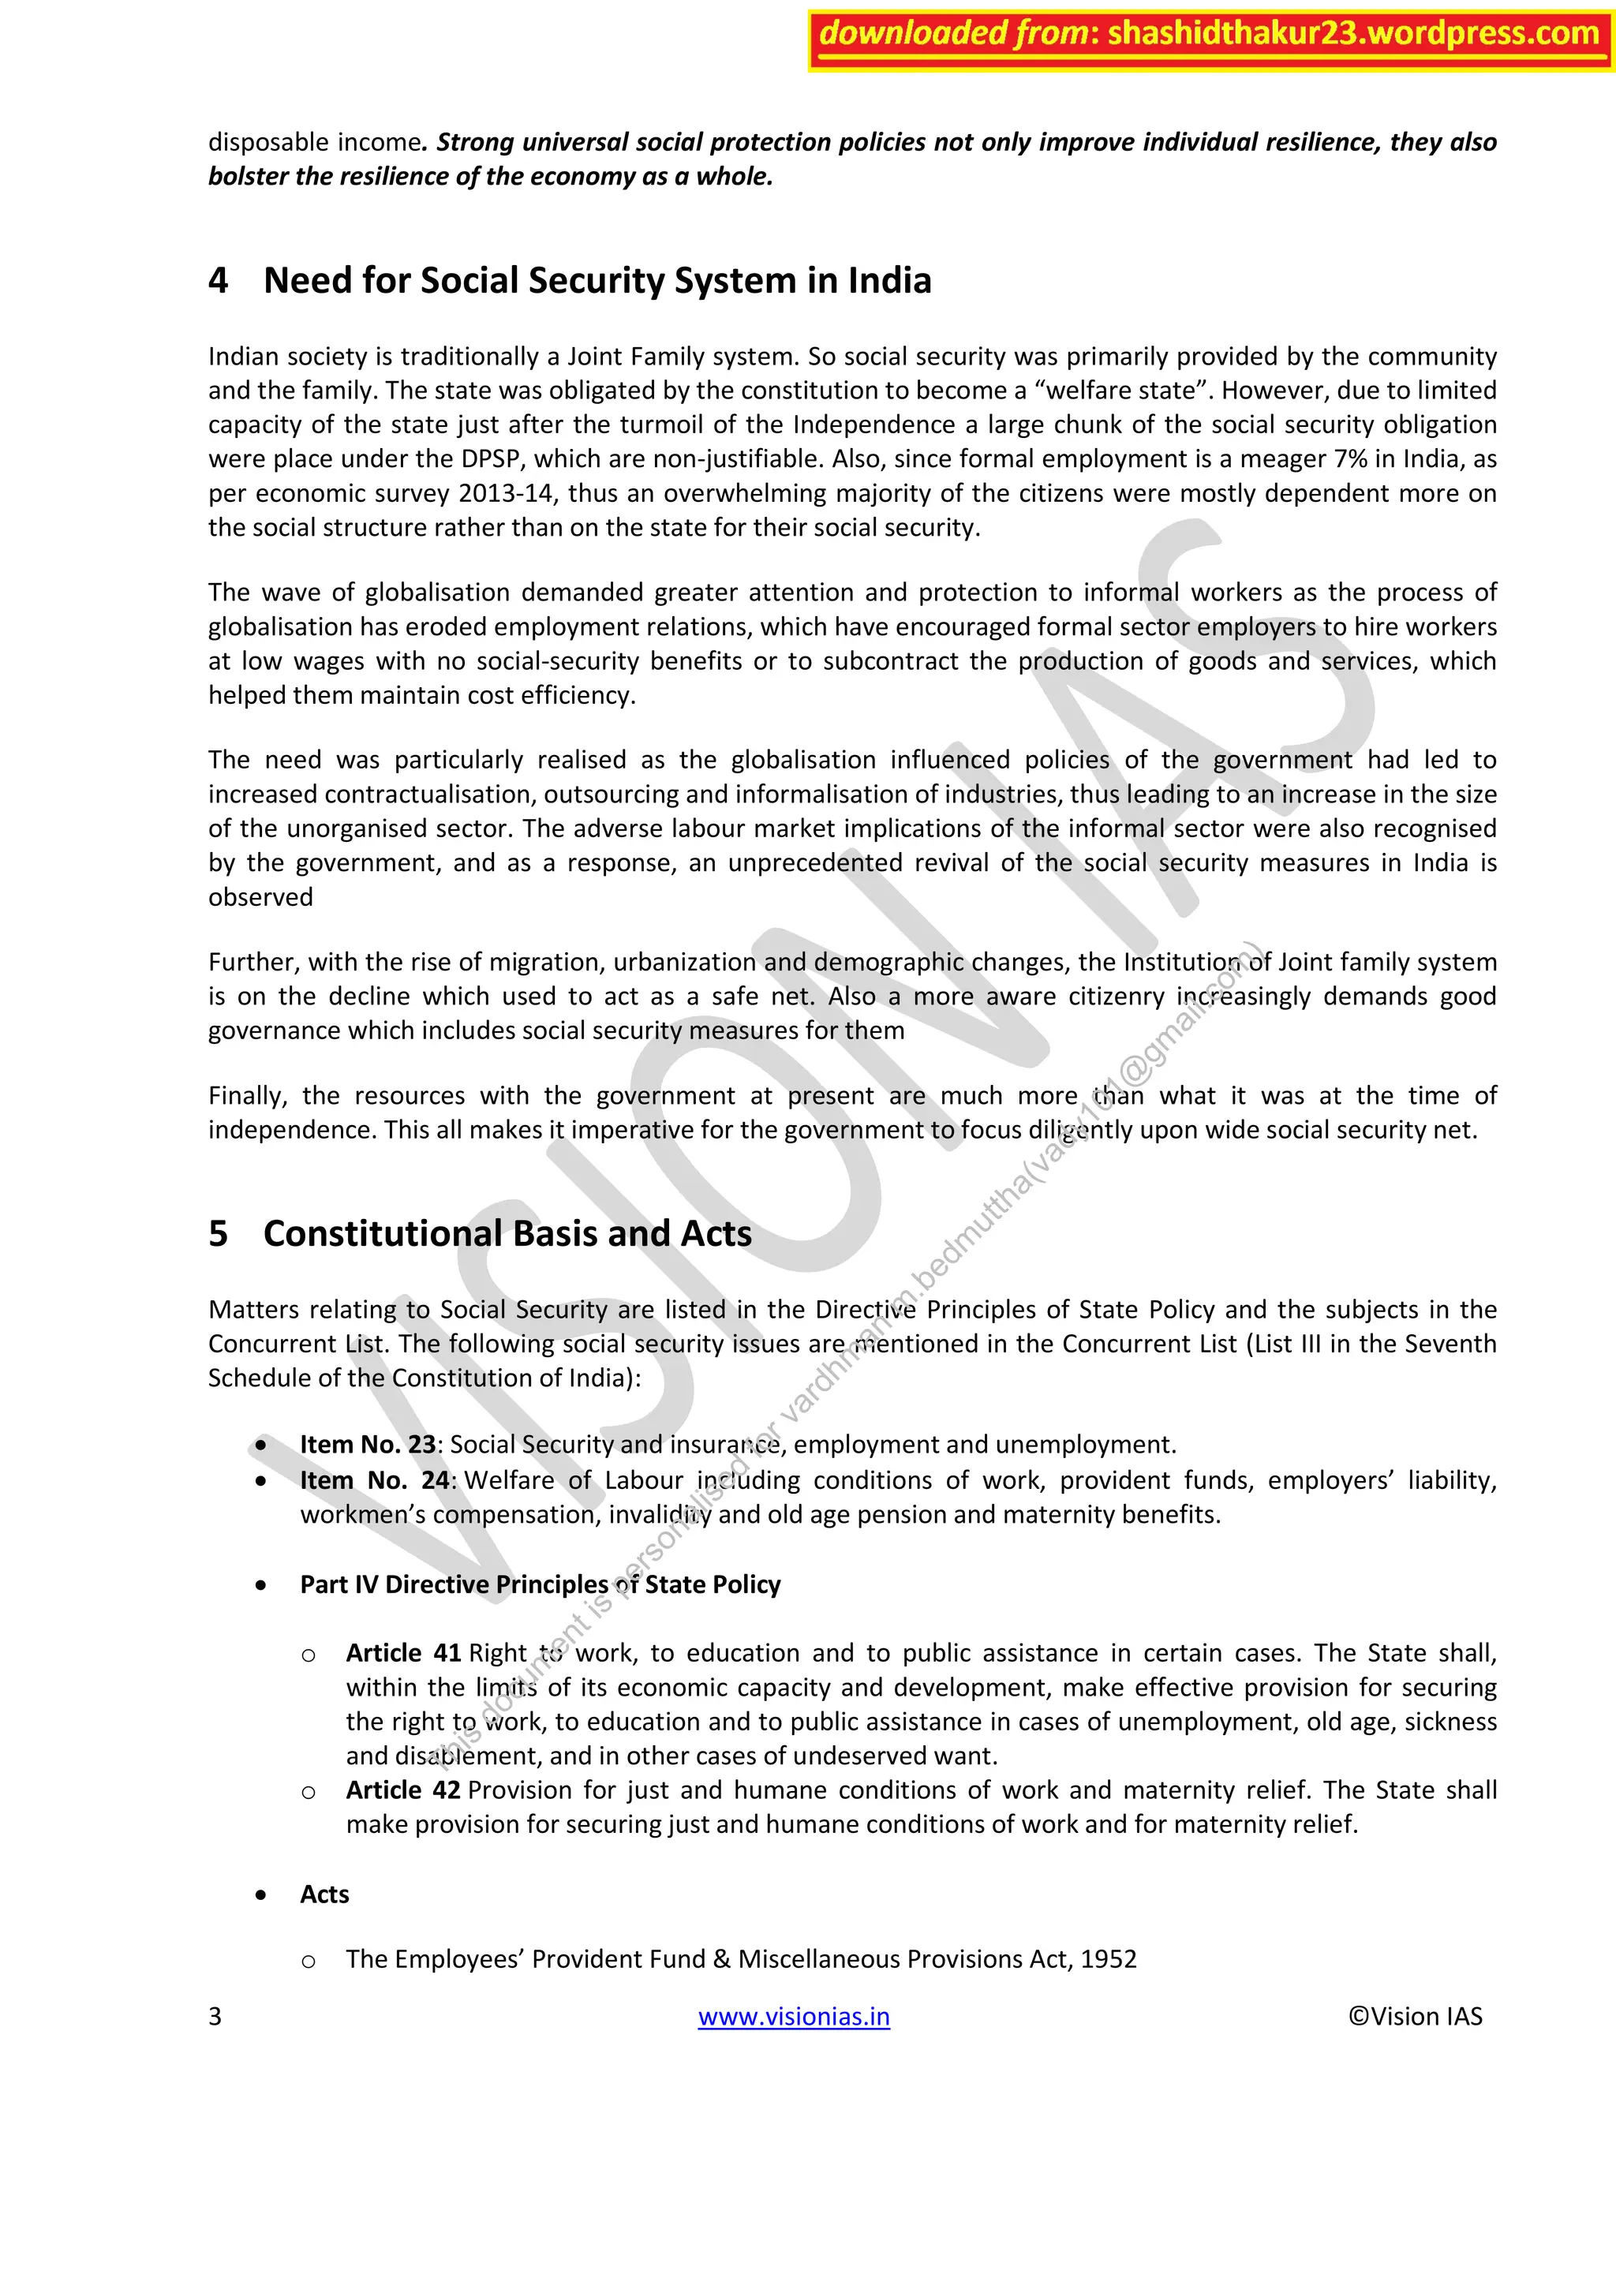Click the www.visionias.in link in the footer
pyautogui.click(x=793, y=2016)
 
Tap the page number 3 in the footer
pyautogui.click(x=215, y=2016)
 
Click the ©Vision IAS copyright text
pyautogui.click(x=1414, y=2016)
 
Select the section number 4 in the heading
pyautogui.click(x=218, y=282)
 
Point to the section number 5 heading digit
pyautogui.click(x=218, y=1234)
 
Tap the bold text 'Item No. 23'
pyautogui.click(x=367, y=1444)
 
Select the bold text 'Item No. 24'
pyautogui.click(x=375, y=1480)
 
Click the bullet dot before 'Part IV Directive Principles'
pyautogui.click(x=260, y=1584)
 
